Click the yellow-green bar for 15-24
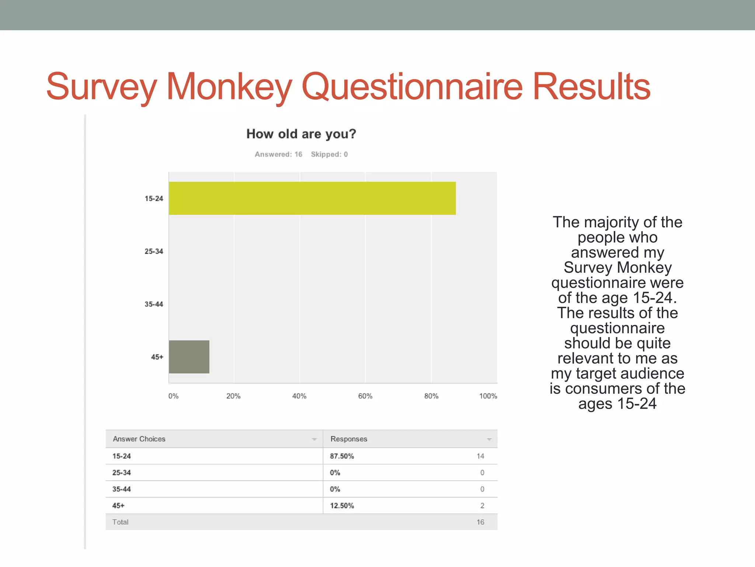[x=312, y=198]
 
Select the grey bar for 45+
[x=189, y=357]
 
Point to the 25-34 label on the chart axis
[x=154, y=251]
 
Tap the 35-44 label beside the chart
[x=154, y=304]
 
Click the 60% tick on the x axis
[x=365, y=396]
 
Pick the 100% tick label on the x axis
[x=488, y=396]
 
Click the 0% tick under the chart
[x=173, y=396]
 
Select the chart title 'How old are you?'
[x=301, y=134]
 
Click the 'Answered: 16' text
[x=278, y=154]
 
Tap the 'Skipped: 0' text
[x=329, y=154]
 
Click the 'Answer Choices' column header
[x=139, y=439]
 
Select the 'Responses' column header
[x=349, y=439]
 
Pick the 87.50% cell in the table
[x=342, y=456]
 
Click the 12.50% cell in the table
[x=342, y=506]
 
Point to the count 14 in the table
[x=480, y=456]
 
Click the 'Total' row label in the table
[x=120, y=522]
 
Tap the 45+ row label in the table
[x=118, y=506]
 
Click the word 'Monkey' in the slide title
[x=229, y=87]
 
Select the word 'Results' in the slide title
[x=591, y=87]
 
